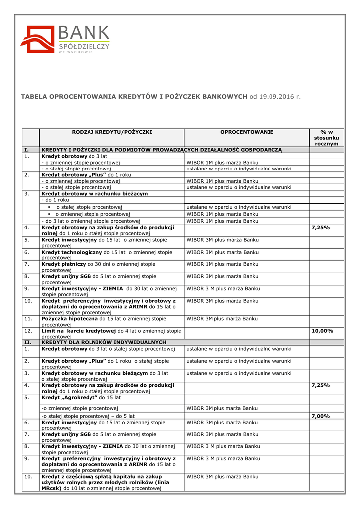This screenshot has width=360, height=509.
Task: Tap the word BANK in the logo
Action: point(84,34)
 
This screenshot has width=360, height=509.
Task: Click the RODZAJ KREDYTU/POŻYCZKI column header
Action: point(111,132)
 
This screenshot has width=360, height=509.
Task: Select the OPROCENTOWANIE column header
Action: point(247,132)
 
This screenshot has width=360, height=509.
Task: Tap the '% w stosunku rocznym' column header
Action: point(326,137)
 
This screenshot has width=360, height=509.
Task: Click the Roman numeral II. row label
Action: point(28,343)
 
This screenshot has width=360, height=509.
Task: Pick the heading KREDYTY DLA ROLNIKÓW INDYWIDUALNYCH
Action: point(103,343)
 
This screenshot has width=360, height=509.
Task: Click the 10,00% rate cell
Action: point(322,331)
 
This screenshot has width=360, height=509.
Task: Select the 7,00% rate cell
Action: point(321,416)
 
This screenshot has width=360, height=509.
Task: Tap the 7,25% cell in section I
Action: point(321,227)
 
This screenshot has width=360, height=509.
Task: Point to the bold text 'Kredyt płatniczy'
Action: point(64,264)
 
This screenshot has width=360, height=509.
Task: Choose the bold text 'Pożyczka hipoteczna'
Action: point(70,318)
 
